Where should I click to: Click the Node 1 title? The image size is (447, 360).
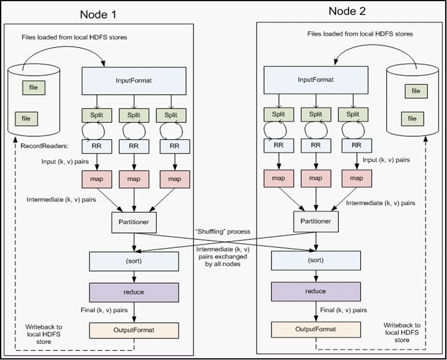98,14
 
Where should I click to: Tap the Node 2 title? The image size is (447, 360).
347,11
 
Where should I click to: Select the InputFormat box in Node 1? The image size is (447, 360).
134,81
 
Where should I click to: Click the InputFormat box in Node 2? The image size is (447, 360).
316,80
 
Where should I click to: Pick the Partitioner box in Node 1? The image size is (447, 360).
134,222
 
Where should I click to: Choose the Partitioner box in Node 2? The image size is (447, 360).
316,221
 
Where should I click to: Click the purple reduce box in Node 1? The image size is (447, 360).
134,292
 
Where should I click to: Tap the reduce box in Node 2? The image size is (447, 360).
316,291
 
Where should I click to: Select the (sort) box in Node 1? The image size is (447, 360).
134,261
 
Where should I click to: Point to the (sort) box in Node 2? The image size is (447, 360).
316,260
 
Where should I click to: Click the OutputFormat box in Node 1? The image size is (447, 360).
134,330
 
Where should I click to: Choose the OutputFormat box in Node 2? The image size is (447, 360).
316,330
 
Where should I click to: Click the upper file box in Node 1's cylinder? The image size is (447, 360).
33,88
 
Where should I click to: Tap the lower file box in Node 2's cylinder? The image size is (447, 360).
412,119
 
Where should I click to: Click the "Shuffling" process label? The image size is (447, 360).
223,232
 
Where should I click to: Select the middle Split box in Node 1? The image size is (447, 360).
134,115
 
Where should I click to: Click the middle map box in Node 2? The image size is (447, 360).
316,178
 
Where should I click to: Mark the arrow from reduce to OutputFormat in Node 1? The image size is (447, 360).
134,312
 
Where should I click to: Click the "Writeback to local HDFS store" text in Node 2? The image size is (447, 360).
402,333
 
